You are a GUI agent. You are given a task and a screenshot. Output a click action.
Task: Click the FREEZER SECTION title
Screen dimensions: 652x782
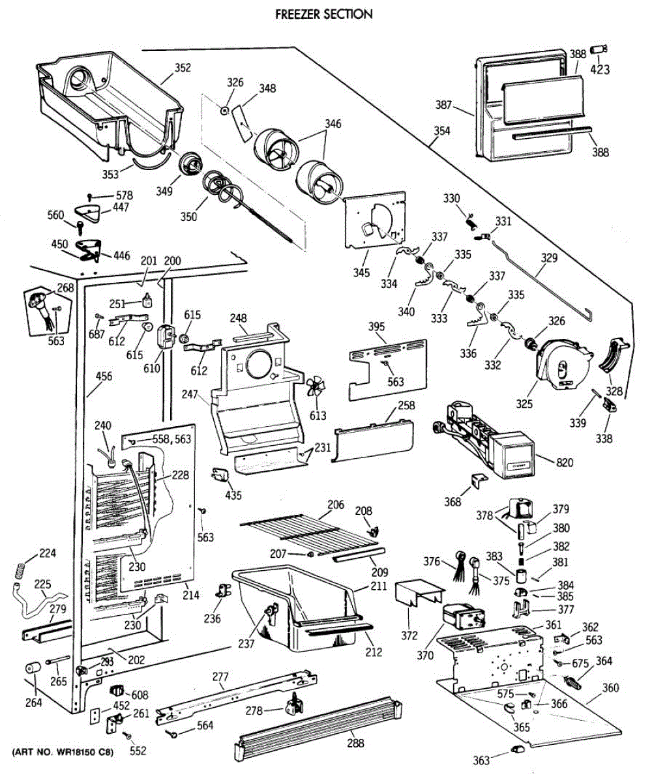tap(324, 14)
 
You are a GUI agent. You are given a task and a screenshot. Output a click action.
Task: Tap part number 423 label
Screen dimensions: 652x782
tap(600, 69)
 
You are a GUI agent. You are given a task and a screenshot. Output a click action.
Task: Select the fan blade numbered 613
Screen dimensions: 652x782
tap(316, 386)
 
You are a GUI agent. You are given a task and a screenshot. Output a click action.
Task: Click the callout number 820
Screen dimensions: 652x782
tap(565, 463)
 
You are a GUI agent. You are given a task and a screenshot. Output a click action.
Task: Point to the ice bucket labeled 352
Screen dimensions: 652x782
tap(110, 103)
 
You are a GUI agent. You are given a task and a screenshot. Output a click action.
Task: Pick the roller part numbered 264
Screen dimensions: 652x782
tap(33, 669)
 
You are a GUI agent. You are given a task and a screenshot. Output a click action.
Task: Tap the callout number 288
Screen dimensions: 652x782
tap(355, 743)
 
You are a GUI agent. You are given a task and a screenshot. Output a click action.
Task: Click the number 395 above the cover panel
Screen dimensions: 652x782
tap(376, 326)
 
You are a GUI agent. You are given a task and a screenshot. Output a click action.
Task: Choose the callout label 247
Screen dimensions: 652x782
tap(190, 394)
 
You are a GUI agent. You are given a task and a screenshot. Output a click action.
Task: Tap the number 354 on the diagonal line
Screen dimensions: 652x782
tap(442, 131)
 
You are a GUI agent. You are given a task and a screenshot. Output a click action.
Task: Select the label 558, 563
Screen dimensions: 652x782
tap(171, 439)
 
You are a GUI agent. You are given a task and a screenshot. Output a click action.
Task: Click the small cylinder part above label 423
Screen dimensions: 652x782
tap(599, 50)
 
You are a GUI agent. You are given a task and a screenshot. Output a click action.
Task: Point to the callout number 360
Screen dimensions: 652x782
tap(610, 688)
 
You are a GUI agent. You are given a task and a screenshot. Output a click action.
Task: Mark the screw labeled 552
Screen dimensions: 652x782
tap(129, 736)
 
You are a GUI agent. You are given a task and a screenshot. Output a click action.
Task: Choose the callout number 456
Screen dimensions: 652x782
tap(104, 376)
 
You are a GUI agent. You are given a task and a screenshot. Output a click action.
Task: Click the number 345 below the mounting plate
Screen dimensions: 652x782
tap(361, 272)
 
